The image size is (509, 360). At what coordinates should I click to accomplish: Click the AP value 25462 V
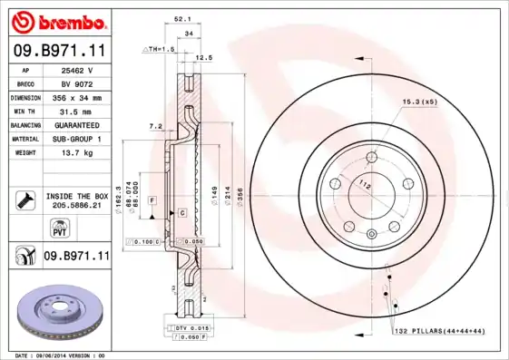tap(78, 69)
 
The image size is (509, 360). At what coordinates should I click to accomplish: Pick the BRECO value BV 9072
tap(78, 83)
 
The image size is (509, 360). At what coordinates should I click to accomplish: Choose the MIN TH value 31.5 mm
tap(78, 111)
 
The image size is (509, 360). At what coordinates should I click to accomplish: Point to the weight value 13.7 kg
tap(78, 153)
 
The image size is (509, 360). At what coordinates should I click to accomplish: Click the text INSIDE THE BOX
tap(77, 196)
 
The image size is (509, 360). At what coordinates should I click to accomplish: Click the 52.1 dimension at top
tap(181, 17)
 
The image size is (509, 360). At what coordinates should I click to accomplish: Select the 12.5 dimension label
tap(204, 57)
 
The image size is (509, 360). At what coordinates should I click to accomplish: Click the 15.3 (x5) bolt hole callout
tap(420, 102)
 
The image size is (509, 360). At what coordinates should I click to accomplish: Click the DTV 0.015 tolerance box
tap(187, 326)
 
